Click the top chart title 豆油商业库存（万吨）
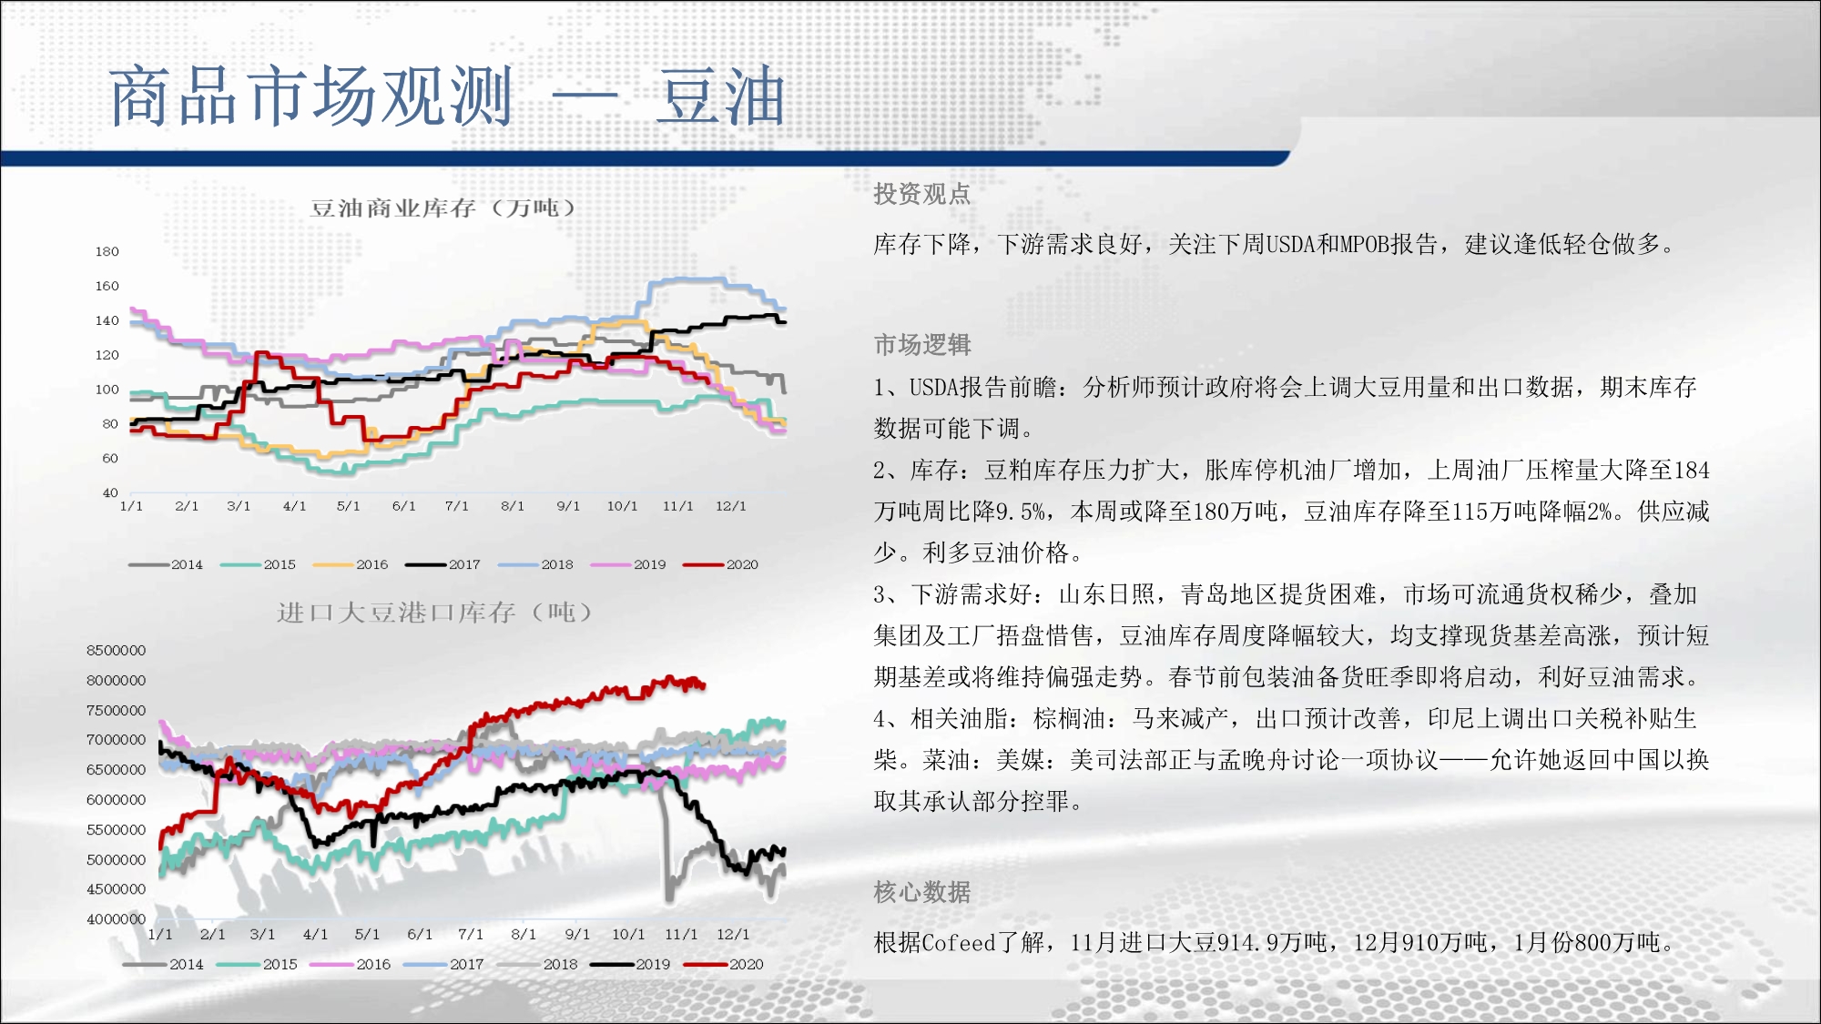(x=443, y=208)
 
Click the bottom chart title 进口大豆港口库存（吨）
(x=435, y=613)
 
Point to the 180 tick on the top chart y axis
(x=107, y=251)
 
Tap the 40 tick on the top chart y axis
(x=110, y=492)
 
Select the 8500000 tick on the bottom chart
(x=116, y=650)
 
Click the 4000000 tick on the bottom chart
(x=116, y=919)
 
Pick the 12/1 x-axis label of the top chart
(x=730, y=506)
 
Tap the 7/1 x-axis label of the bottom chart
(x=471, y=934)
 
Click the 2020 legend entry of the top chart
(x=721, y=564)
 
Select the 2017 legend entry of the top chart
(x=443, y=564)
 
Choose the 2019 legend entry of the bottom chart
(x=630, y=964)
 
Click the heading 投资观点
(x=921, y=194)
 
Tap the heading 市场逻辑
(x=921, y=345)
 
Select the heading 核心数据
(x=921, y=892)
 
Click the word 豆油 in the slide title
(x=721, y=96)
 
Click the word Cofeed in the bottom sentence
(x=960, y=943)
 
